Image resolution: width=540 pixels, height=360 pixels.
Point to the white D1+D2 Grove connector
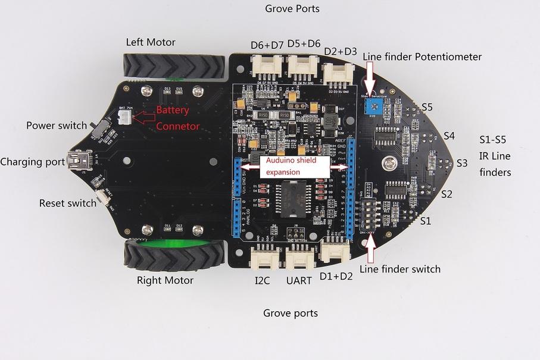click(x=335, y=251)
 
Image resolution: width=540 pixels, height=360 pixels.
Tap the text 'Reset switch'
click(x=67, y=203)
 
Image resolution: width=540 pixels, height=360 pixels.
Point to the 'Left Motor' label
click(x=151, y=42)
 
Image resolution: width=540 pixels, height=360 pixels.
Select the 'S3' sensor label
click(x=462, y=162)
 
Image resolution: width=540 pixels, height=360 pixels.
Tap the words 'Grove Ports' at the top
click(x=292, y=9)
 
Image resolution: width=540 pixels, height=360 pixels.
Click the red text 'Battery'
click(x=173, y=110)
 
